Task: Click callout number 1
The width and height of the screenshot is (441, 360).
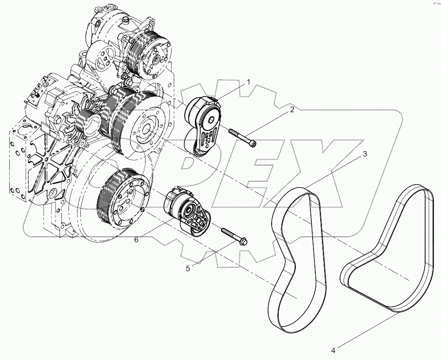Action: (248, 82)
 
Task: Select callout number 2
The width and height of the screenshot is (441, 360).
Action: (292, 110)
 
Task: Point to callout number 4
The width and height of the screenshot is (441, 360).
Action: (333, 351)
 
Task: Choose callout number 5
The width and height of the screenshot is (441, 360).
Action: (188, 269)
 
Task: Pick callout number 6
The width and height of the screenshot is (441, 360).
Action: (136, 239)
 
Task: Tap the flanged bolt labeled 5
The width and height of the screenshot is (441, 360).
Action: (234, 236)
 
